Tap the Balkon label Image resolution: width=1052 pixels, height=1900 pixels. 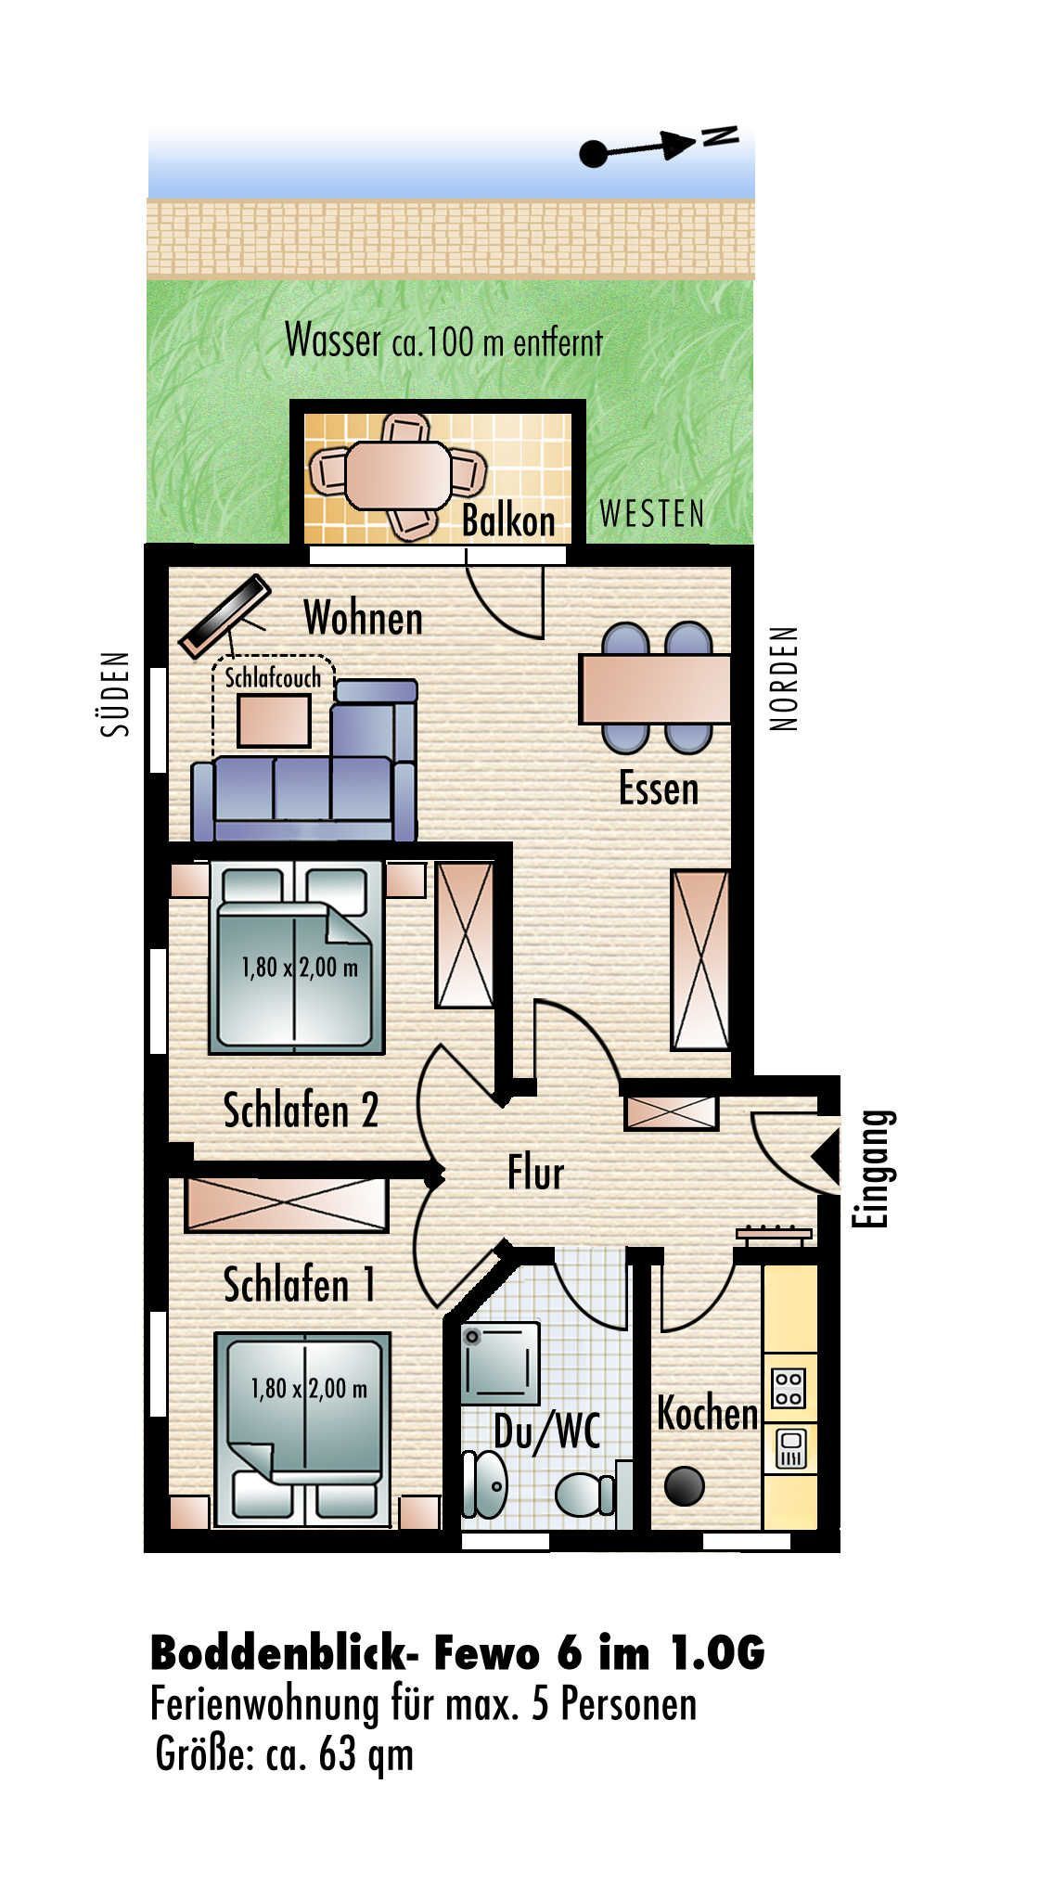tap(508, 521)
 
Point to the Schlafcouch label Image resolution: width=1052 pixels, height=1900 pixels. tap(273, 677)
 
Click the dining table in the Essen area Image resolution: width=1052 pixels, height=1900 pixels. tap(655, 688)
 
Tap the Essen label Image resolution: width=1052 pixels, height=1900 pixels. tap(659, 789)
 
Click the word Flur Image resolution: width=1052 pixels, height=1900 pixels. tap(535, 1173)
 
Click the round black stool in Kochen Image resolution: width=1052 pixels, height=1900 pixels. tap(685, 1485)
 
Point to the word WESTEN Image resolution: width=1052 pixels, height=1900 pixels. tap(652, 513)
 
